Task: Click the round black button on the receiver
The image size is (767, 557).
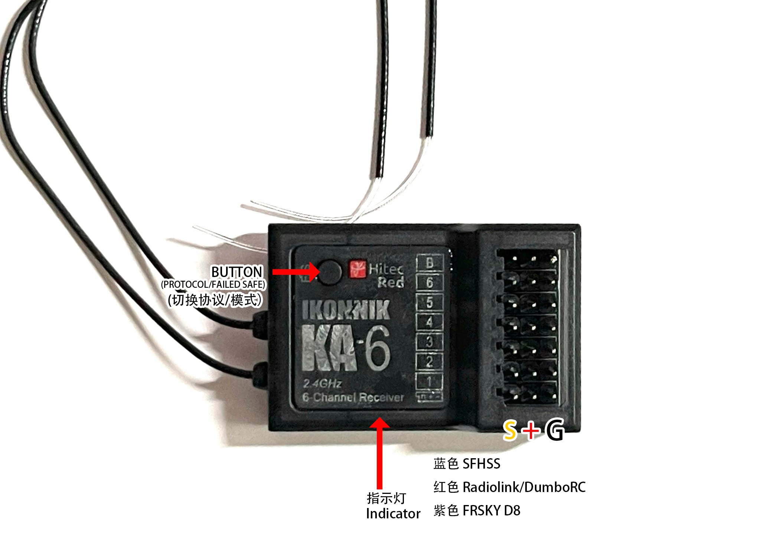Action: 329,272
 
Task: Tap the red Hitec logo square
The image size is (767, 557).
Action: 358,269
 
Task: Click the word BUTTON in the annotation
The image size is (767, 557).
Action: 236,272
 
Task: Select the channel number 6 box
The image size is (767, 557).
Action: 430,283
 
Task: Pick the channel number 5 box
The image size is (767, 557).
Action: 430,302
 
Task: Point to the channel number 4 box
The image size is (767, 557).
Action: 430,322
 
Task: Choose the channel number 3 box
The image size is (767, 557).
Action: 430,341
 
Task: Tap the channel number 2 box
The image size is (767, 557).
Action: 430,361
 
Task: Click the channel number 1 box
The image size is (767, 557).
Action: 430,381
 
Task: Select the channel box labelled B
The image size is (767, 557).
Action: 430,263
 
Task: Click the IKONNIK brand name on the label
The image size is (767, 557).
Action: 346,310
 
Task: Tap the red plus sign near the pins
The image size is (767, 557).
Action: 531,430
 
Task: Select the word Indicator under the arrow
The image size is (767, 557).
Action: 393,514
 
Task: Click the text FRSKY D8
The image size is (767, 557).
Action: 491,511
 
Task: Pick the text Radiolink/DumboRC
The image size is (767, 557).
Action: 524,487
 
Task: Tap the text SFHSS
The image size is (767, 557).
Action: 481,464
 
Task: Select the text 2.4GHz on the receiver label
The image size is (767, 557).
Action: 322,383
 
